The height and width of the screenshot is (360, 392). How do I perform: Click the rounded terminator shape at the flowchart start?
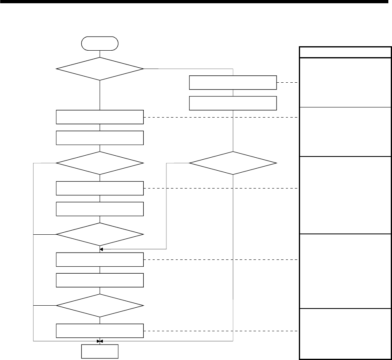point(100,43)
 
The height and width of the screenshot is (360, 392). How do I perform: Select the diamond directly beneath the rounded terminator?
point(100,69)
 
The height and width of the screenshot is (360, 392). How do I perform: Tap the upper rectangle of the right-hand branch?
point(233,82)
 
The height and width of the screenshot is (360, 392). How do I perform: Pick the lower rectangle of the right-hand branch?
point(233,103)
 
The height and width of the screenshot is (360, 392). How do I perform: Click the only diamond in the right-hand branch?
point(233,163)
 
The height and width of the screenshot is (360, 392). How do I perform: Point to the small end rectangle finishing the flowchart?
point(100,351)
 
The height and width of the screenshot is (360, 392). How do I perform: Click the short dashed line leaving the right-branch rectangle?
point(288,83)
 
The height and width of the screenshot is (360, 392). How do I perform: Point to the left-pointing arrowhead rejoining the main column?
point(102,249)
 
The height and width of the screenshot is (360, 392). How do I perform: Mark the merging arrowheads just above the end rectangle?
point(100,341)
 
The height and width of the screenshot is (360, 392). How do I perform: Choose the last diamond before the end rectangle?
point(100,306)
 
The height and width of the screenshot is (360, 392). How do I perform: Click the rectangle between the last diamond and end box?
point(100,331)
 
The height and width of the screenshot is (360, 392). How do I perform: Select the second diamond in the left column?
point(100,163)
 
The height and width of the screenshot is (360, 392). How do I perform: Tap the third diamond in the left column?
point(100,234)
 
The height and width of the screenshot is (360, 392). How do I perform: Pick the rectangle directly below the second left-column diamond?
point(100,188)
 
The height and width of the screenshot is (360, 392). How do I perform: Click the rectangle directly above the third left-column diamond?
point(100,209)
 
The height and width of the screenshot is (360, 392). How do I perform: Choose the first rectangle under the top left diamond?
point(100,117)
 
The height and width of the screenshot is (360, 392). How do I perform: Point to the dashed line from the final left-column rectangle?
point(221,331)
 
